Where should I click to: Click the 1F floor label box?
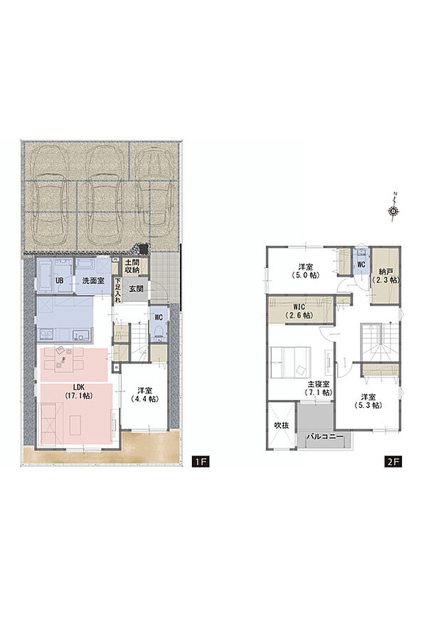coord(200,462)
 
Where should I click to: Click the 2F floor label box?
coord(393,462)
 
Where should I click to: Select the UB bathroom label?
coord(60,281)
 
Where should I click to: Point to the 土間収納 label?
coord(132,267)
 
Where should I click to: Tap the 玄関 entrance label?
coord(137,289)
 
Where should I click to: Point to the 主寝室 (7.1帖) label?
coord(315,387)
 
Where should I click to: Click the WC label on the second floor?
coord(361,264)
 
